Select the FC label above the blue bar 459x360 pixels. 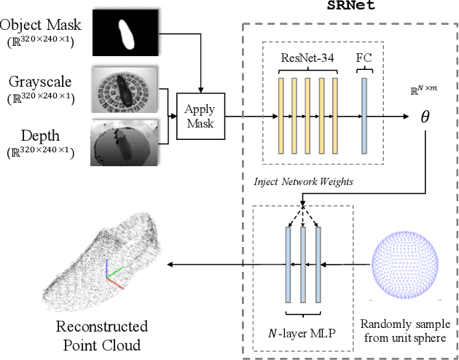(363, 57)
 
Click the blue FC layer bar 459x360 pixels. (363, 115)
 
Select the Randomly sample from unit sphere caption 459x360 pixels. (407, 329)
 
